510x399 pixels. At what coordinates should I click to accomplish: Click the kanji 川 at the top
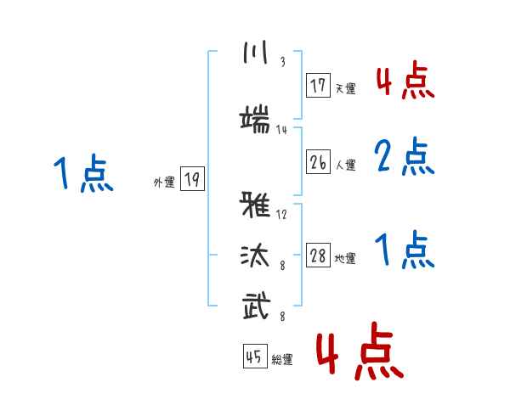coord(256,52)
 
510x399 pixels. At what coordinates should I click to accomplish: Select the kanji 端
coord(255,119)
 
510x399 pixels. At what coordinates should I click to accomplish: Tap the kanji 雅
coord(255,205)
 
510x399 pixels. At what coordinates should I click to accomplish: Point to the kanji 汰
coord(255,256)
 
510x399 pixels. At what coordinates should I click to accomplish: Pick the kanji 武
coord(257,305)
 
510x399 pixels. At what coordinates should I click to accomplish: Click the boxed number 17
coord(318,85)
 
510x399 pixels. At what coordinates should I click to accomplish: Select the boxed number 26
coord(318,161)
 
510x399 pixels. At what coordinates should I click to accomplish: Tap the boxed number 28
coord(318,255)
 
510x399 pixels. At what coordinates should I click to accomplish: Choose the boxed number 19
coord(192,178)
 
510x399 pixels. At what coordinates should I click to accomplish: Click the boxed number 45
coord(255,356)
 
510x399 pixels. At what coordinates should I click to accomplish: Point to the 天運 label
coord(346,88)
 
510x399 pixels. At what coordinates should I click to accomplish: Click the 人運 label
coord(346,165)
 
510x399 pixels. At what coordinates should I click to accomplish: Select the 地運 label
coord(345,258)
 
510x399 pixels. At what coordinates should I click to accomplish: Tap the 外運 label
coord(164,183)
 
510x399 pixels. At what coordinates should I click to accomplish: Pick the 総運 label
coord(282,359)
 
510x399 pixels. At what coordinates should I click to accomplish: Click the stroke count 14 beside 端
coord(281,130)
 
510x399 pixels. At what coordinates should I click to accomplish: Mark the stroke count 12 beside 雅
coord(281,214)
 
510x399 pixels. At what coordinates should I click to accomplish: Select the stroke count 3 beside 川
coord(283,62)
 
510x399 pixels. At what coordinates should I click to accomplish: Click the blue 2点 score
coord(405,156)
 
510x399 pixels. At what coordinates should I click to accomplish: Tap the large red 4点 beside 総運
coord(360,351)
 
